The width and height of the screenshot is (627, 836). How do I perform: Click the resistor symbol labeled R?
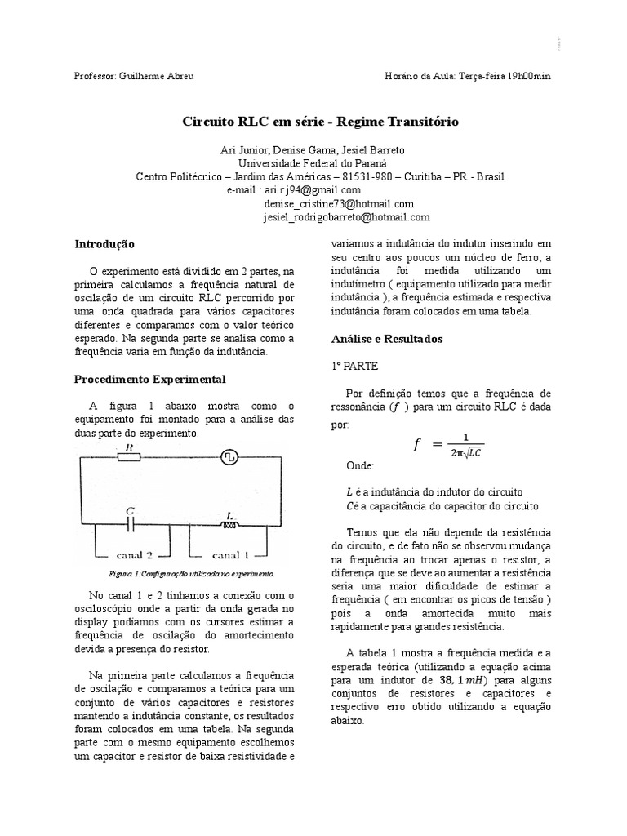coord(131,457)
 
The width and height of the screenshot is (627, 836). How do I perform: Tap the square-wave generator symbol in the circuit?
coord(230,458)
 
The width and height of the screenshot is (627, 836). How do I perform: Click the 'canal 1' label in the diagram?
coord(231,542)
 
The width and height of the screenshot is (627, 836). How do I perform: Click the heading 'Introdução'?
coord(104,244)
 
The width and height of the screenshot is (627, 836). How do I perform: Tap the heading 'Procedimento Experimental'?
coord(149,380)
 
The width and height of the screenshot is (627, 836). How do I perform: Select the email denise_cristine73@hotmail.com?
coord(338,203)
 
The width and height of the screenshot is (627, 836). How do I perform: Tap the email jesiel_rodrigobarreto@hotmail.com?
coord(346,217)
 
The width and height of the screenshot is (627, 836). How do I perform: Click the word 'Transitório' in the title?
coord(420,121)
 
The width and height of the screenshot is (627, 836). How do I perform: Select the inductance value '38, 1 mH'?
coord(465,678)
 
